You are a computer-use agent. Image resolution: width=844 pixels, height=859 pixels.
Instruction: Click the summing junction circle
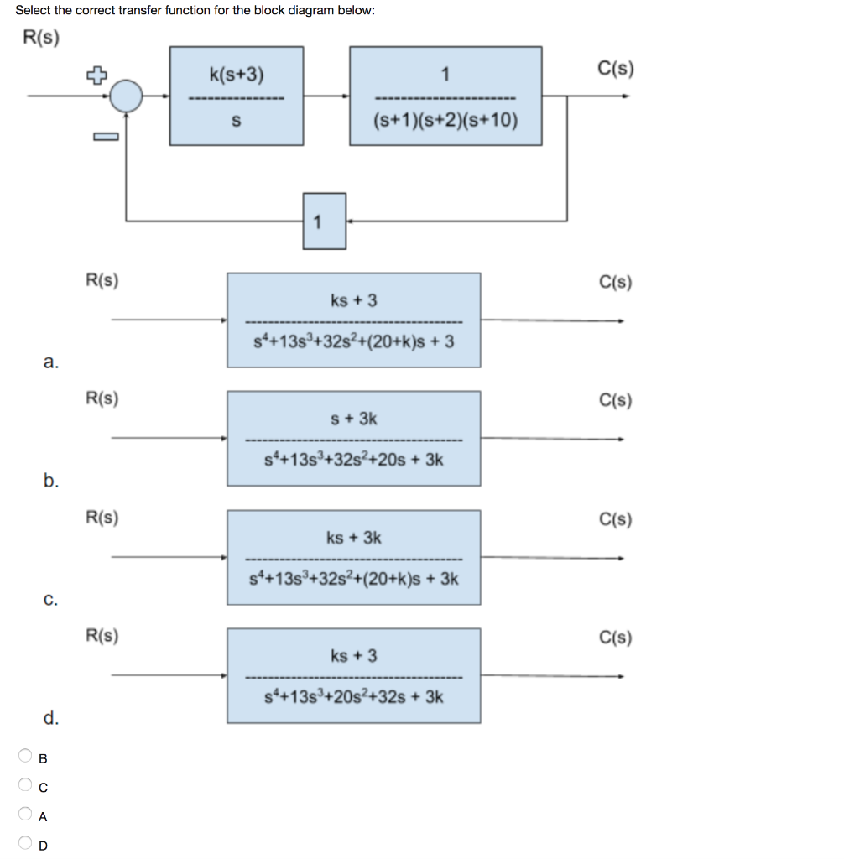pos(128,96)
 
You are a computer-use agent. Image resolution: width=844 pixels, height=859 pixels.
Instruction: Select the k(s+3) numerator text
pos(236,75)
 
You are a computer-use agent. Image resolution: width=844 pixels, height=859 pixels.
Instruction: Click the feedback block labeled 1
pos(324,221)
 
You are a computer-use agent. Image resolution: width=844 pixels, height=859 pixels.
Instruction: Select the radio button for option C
pos(26,786)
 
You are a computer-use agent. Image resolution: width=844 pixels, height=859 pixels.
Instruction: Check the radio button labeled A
pos(26,815)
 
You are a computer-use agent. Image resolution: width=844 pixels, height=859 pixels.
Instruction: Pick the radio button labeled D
pos(26,844)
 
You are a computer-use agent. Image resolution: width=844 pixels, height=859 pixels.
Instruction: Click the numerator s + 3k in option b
pos(354,418)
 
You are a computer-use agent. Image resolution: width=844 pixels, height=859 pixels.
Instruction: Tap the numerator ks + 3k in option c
pos(354,537)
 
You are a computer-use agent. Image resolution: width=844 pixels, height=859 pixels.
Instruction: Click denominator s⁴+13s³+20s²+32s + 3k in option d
pos(354,697)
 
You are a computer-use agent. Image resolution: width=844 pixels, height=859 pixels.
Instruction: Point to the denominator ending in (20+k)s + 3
pos(354,341)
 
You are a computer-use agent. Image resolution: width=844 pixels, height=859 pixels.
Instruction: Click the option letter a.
pos(50,362)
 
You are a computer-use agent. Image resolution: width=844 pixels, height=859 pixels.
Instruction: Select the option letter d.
pos(50,718)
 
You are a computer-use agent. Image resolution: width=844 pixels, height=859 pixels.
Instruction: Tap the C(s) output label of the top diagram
pos(617,67)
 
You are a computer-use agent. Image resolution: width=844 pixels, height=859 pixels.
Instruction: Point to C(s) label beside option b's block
pos(616,400)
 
